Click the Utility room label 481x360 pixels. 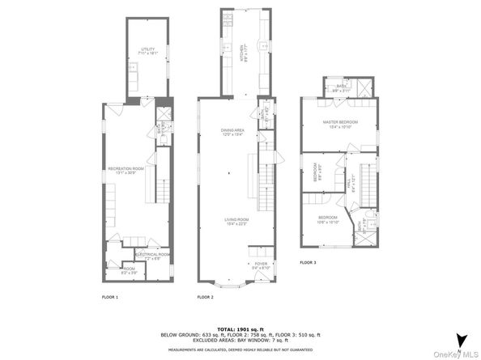[x=146, y=50]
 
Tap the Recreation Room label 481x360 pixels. [x=126, y=169]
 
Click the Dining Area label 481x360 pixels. [x=232, y=132]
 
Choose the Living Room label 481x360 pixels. [x=237, y=221]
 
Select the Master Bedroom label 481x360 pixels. [x=340, y=123]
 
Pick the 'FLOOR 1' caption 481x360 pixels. [x=110, y=297]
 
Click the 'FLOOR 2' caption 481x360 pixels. [x=206, y=297]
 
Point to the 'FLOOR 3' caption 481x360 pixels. [x=308, y=263]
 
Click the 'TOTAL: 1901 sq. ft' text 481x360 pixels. [x=240, y=328]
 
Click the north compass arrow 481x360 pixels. [x=461, y=340]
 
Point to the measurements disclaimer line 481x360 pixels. [x=240, y=349]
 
